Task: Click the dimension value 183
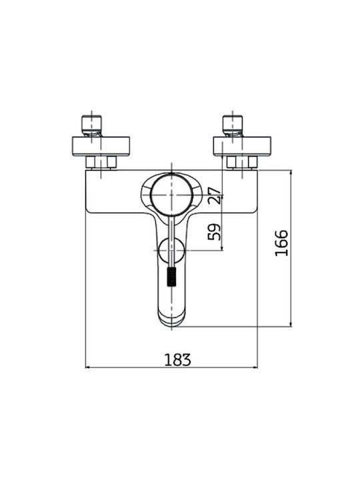pyautogui.click(x=177, y=360)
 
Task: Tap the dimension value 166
pyautogui.click(x=281, y=243)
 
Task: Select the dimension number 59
pyautogui.click(x=214, y=232)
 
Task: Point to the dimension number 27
pyautogui.click(x=214, y=195)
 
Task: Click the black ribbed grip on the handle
pyautogui.click(x=172, y=277)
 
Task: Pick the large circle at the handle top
pyautogui.click(x=172, y=195)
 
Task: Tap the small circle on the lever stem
pyautogui.click(x=172, y=251)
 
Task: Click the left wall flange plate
pyautogui.click(x=101, y=146)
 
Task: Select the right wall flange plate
pyautogui.click(x=242, y=146)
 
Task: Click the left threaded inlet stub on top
pyautogui.click(x=91, y=125)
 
